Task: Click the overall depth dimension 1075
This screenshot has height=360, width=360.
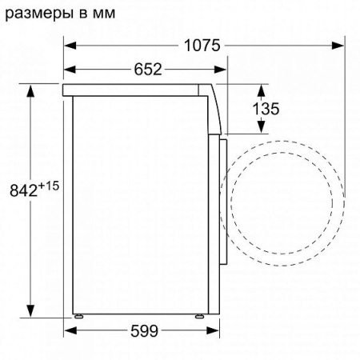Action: click(201, 46)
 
